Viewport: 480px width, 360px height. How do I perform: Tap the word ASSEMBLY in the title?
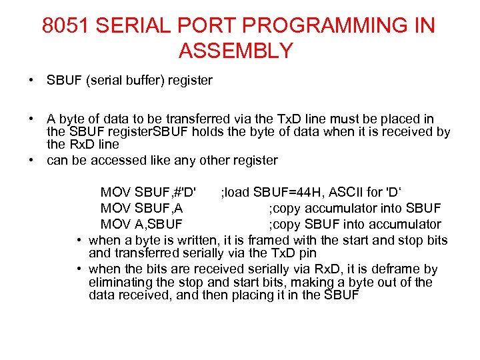click(236, 51)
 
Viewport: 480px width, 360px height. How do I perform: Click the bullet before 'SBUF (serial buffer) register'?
click(31, 81)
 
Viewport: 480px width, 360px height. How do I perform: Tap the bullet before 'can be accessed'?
click(31, 160)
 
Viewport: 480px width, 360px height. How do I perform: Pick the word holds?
click(209, 132)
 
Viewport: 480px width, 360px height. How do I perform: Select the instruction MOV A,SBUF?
click(141, 224)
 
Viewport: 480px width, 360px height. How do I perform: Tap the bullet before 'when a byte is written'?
click(79, 240)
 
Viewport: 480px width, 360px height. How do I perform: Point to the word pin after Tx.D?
click(305, 253)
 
